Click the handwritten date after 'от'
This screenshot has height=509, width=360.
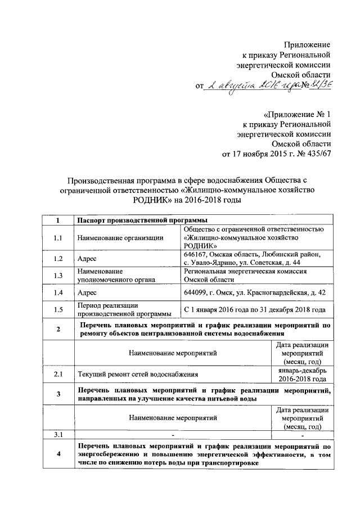pyautogui.click(x=247, y=85)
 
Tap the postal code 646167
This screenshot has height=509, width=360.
pyautogui.click(x=197, y=254)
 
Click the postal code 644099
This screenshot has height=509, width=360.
pyautogui.click(x=197, y=292)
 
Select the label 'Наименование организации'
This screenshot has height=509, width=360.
pyautogui.click(x=120, y=238)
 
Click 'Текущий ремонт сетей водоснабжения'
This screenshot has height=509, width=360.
pyautogui.click(x=137, y=373)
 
